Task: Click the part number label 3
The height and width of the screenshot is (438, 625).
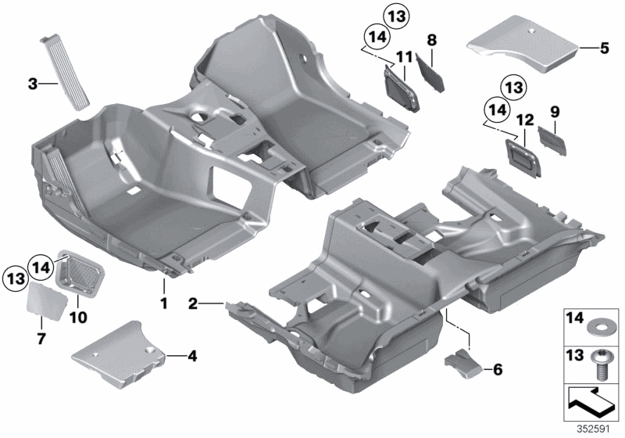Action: pos(31,82)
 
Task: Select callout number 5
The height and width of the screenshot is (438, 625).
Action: pos(603,48)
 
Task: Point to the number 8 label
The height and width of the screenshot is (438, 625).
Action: pos(431,38)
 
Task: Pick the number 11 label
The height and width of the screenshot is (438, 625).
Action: pos(403,56)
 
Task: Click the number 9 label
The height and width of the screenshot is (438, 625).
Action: pos(555,112)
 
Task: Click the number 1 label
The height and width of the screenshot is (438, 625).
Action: pos(164,301)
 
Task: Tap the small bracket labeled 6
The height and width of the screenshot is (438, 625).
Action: pos(461,362)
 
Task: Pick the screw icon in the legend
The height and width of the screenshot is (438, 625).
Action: pos(602,364)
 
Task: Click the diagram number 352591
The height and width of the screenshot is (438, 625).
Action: pos(602,429)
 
